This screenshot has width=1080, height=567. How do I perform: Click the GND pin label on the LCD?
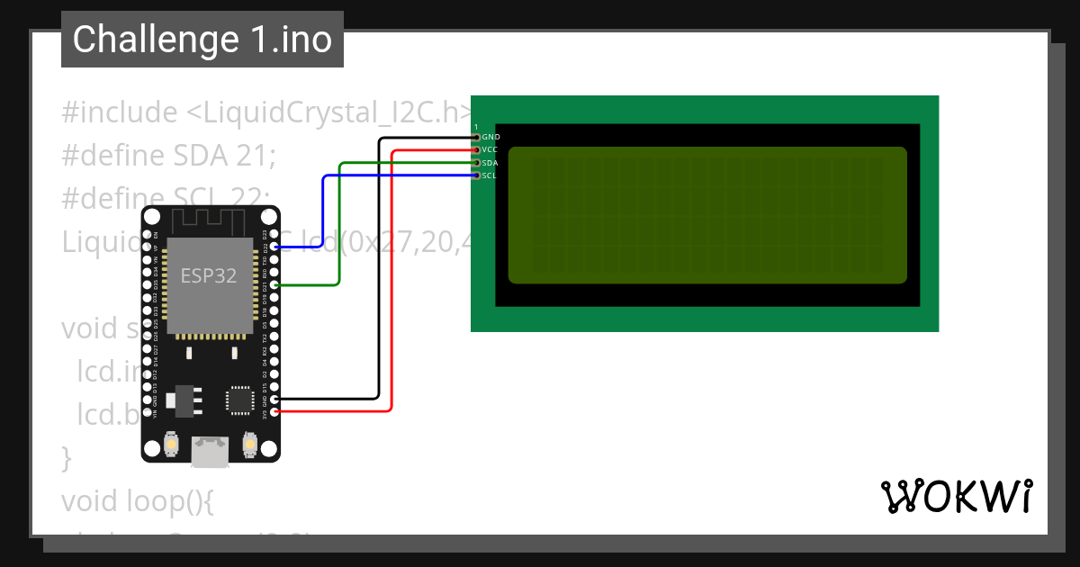click(x=490, y=137)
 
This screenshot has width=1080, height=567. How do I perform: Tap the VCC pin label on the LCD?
click(x=490, y=149)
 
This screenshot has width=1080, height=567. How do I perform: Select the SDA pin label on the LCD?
click(x=490, y=163)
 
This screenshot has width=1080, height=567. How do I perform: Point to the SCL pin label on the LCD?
click(x=489, y=175)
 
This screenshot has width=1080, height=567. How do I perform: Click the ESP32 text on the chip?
click(x=209, y=275)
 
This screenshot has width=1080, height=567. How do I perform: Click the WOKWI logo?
click(x=955, y=496)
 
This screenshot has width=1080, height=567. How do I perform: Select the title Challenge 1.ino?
click(x=202, y=40)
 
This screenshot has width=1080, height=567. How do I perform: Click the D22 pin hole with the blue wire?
click(x=274, y=246)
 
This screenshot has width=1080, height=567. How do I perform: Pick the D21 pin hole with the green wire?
click(x=274, y=285)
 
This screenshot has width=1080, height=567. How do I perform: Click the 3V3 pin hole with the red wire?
click(x=274, y=411)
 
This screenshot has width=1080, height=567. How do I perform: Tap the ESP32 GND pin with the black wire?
click(x=274, y=399)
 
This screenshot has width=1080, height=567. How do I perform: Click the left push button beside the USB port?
click(x=170, y=444)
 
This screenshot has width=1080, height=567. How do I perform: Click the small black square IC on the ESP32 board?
click(x=240, y=400)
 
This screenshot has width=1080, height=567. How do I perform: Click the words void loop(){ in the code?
click(x=137, y=499)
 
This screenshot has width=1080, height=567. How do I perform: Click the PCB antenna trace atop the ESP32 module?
click(x=209, y=221)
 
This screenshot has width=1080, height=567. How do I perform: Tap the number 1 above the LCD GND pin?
click(x=476, y=128)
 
